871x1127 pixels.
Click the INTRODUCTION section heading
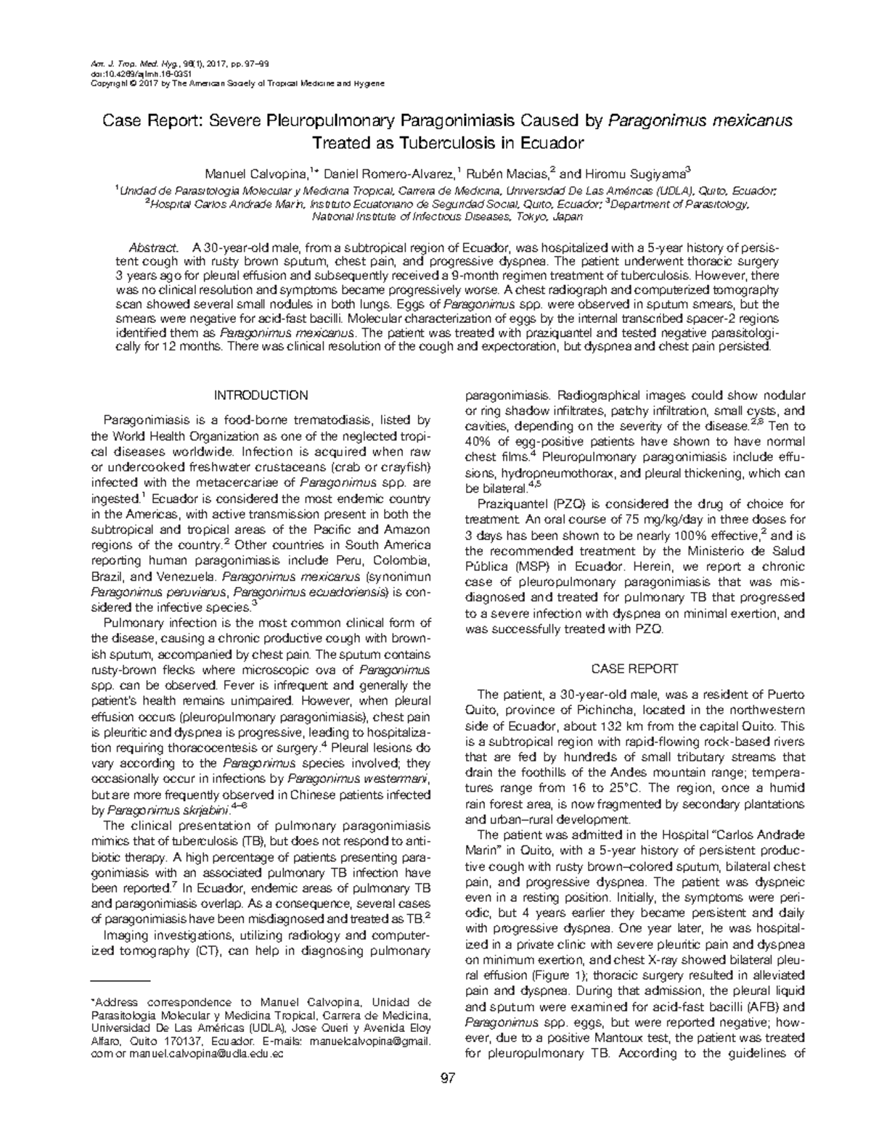261,396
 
